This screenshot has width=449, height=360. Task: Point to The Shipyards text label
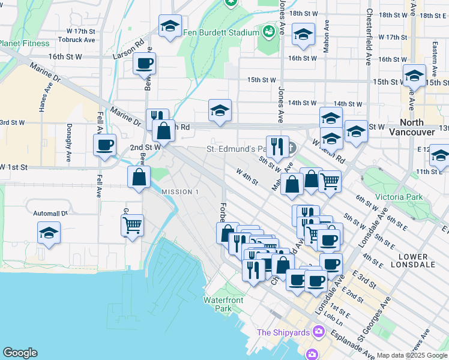pyautogui.click(x=283, y=332)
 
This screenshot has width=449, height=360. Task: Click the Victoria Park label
pyautogui.click(x=399, y=197)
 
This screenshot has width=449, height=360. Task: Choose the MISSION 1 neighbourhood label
pyautogui.click(x=180, y=191)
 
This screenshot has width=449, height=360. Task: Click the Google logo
pyautogui.click(x=20, y=353)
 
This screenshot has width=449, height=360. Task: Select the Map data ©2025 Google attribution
pyautogui.click(x=411, y=355)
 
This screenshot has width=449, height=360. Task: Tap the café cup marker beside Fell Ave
pyautogui.click(x=104, y=145)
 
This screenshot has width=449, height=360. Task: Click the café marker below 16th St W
pyautogui.click(x=145, y=63)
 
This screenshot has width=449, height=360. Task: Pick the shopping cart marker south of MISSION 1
pyautogui.click(x=132, y=226)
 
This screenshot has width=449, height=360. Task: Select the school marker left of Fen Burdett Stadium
pyautogui.click(x=170, y=26)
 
